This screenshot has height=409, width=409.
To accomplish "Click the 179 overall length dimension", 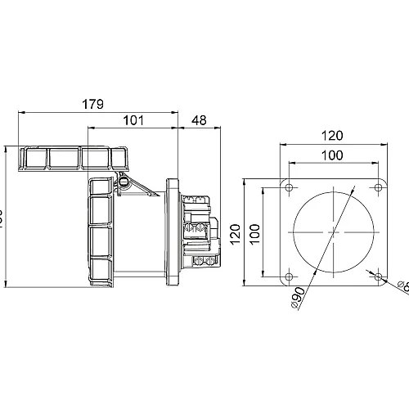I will click(97, 103).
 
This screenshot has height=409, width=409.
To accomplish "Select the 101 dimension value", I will click(134, 121).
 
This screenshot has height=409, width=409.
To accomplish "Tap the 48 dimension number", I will click(197, 121).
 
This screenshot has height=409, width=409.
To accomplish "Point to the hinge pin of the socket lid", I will click(124, 182).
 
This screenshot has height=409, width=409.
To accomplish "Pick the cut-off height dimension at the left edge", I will click(2, 218).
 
